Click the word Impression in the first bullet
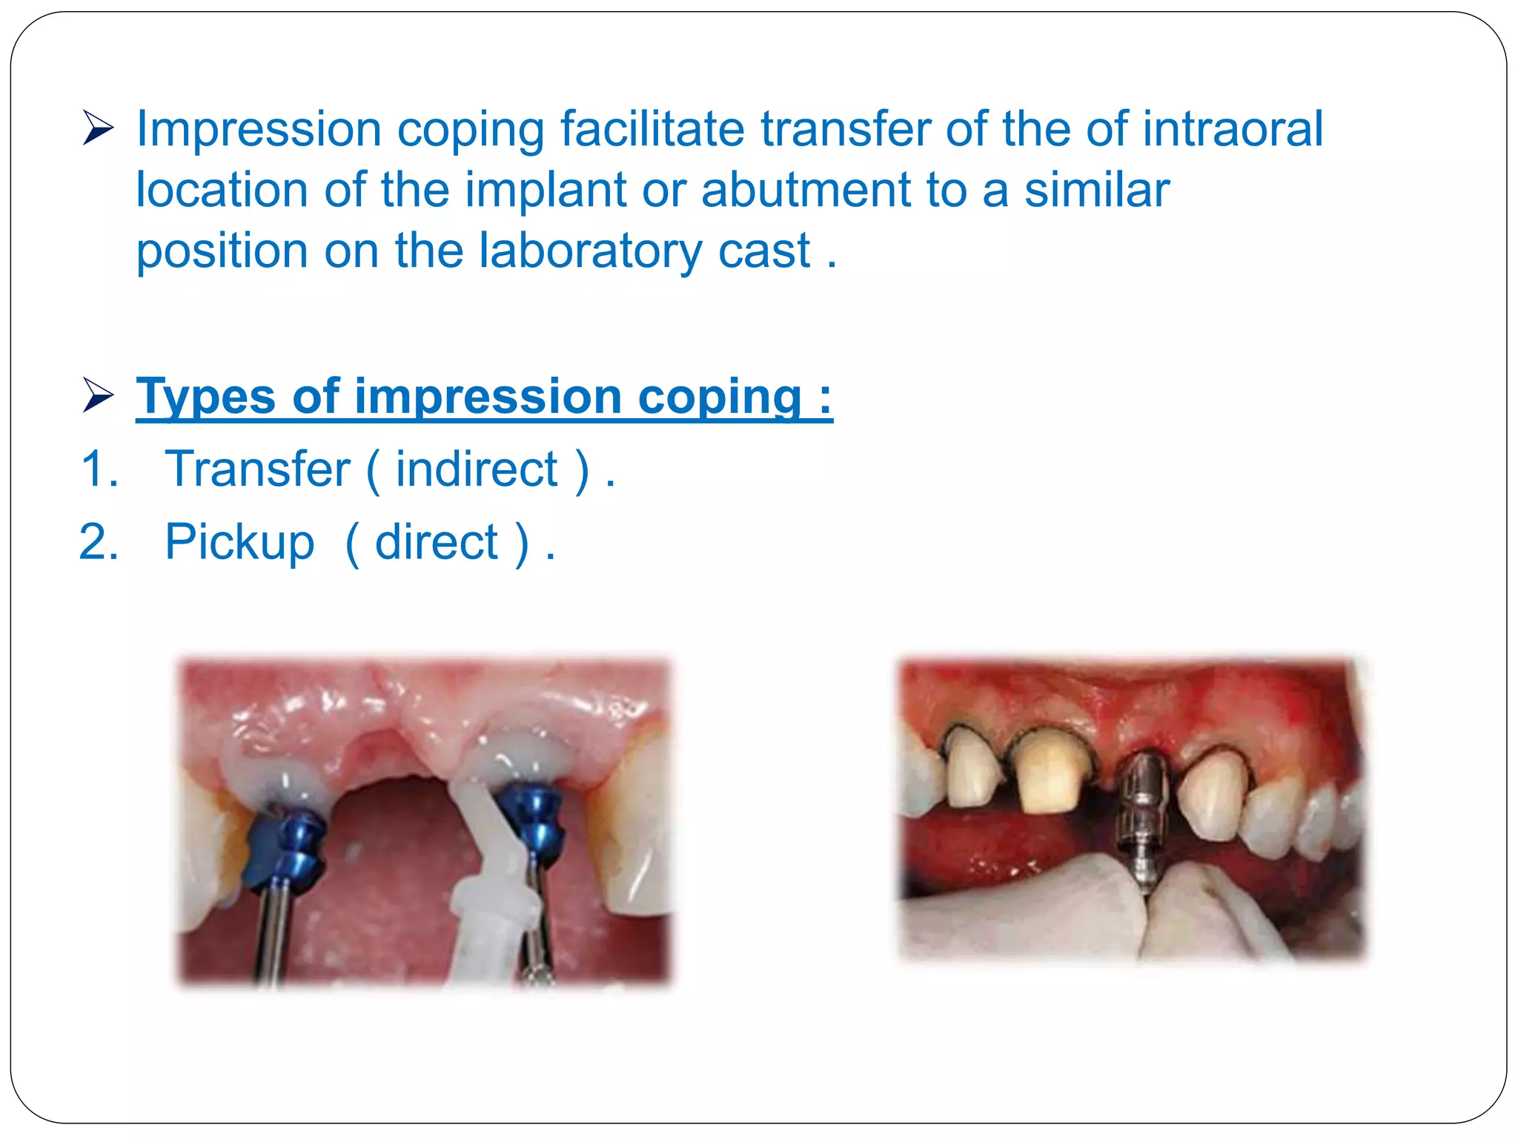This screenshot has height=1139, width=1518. (258, 131)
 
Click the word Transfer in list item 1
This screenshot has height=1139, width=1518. (257, 469)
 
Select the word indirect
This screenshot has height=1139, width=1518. (476, 469)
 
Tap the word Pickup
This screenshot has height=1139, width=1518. (239, 543)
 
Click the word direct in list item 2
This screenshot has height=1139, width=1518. (437, 543)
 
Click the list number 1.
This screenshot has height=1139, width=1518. (99, 469)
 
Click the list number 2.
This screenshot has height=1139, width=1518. (99, 543)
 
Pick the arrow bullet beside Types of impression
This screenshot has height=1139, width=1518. (97, 395)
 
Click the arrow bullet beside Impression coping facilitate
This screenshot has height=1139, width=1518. (97, 128)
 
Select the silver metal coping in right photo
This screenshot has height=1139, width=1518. (1141, 816)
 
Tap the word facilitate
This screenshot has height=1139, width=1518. (652, 129)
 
